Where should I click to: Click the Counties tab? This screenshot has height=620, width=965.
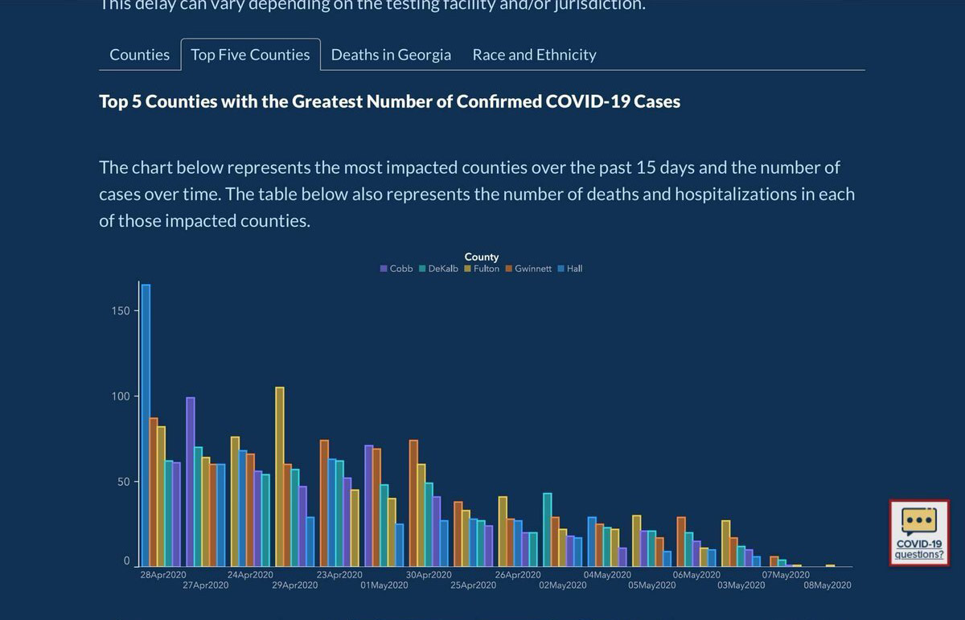tap(139, 55)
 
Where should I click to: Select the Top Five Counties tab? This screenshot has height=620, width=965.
tap(250, 55)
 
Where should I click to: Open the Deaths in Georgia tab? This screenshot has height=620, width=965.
tap(391, 55)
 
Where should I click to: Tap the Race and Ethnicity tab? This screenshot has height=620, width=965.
tap(534, 55)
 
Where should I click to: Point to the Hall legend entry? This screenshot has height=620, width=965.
tap(573, 269)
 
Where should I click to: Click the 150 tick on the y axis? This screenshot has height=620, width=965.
tap(121, 311)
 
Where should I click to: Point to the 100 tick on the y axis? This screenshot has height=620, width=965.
tap(121, 396)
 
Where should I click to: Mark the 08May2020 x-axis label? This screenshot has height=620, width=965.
tap(827, 585)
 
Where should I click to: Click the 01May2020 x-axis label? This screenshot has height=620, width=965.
tap(384, 585)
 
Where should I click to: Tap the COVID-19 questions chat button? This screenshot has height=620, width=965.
tap(919, 533)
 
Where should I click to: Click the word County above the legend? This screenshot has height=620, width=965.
tap(482, 257)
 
